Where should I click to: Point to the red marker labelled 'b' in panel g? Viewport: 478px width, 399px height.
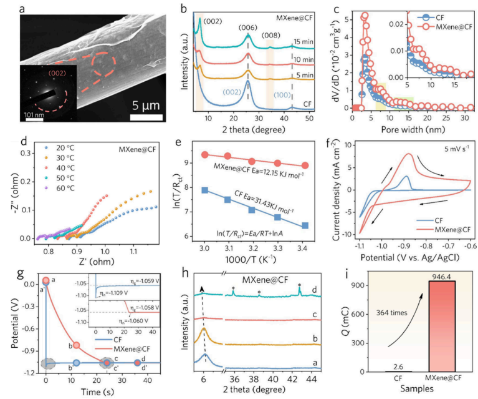point(76,345)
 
